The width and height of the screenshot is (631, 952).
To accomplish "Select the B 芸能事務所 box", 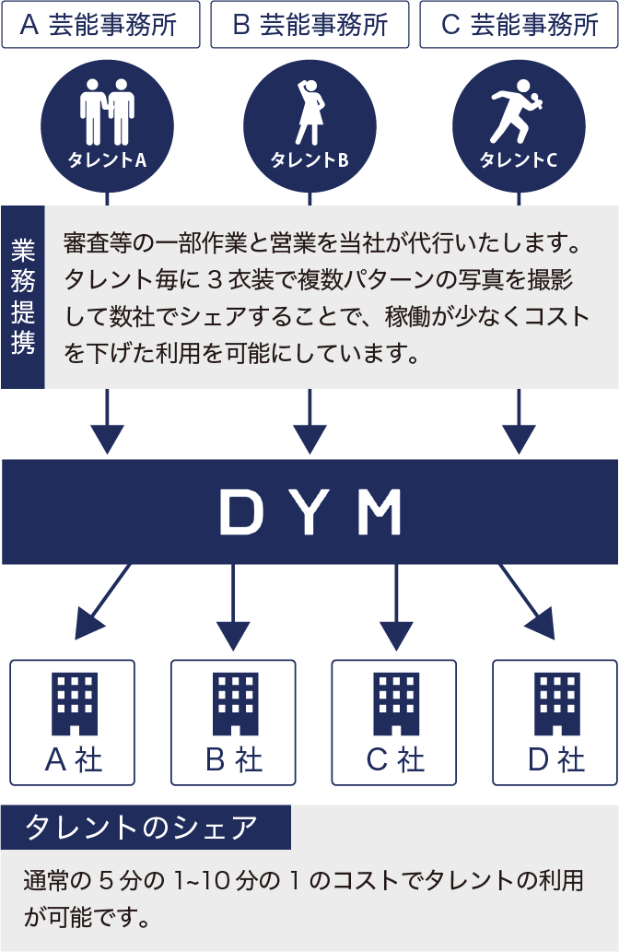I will click(x=310, y=25).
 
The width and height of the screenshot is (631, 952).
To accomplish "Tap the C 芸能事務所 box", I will click(x=520, y=25).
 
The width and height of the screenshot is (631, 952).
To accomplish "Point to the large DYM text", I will click(x=310, y=512).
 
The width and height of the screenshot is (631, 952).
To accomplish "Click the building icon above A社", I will click(x=73, y=699).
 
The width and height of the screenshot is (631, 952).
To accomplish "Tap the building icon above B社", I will click(x=235, y=699).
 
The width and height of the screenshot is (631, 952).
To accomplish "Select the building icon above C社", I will click(x=396, y=699).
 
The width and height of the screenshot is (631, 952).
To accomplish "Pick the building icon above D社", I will click(x=556, y=699).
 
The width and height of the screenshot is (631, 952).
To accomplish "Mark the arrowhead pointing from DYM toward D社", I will click(x=544, y=626).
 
